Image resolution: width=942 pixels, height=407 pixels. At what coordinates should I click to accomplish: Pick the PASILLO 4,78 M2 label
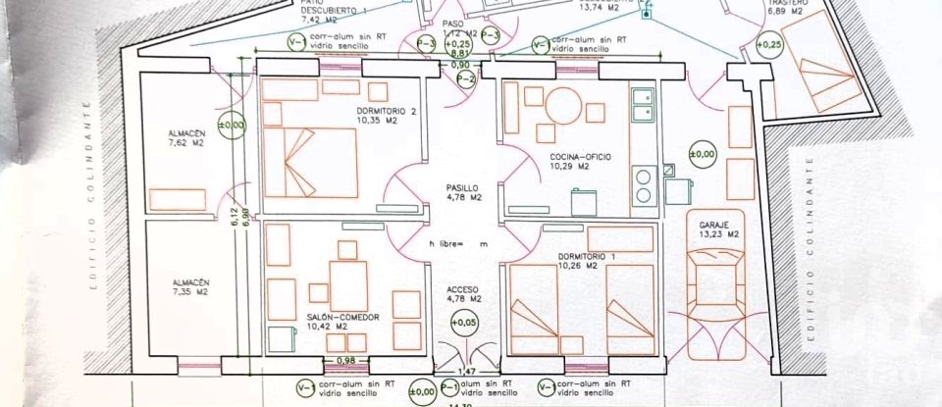(x=461, y=192)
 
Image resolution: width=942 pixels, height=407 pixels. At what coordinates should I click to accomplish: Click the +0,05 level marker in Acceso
(x=461, y=321)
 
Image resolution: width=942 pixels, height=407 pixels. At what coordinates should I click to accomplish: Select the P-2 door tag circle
(x=467, y=77)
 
